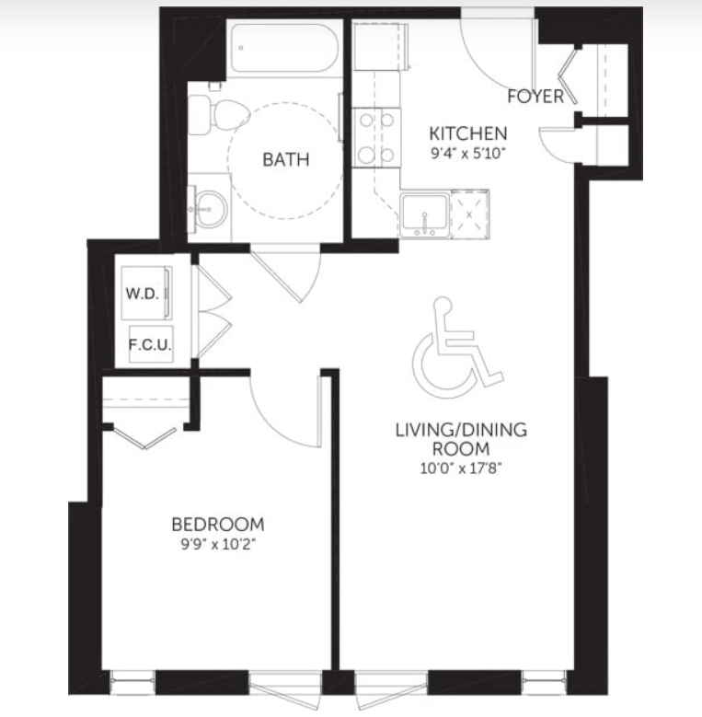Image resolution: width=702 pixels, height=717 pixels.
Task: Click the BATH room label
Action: click(x=285, y=159)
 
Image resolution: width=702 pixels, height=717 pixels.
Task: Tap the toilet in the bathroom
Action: click(x=218, y=115)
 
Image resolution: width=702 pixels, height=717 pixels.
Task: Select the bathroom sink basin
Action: click(x=210, y=210)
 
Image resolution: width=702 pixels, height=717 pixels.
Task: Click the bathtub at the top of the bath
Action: click(x=283, y=48)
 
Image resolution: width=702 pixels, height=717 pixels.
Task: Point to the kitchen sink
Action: click(x=424, y=214)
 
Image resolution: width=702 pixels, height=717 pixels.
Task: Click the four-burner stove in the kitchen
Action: click(x=376, y=138)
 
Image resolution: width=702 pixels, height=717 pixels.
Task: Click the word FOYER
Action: click(x=535, y=97)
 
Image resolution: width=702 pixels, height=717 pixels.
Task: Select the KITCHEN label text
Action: click(x=468, y=133)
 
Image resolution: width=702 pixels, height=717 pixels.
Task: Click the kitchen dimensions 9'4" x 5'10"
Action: click(x=468, y=153)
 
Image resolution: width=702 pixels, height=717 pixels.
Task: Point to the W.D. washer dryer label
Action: click(x=142, y=293)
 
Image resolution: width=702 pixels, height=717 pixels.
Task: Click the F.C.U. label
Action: click(x=150, y=345)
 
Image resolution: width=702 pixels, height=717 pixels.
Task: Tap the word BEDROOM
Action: click(x=217, y=524)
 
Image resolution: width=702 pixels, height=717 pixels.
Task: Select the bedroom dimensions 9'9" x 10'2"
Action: click(x=217, y=544)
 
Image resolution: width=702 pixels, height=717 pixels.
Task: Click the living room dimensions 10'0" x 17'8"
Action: click(x=461, y=468)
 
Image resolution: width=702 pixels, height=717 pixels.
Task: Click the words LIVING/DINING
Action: click(x=461, y=430)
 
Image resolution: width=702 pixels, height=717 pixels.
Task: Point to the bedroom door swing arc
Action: click(x=273, y=426)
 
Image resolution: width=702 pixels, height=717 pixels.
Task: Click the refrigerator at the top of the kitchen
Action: click(x=380, y=47)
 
